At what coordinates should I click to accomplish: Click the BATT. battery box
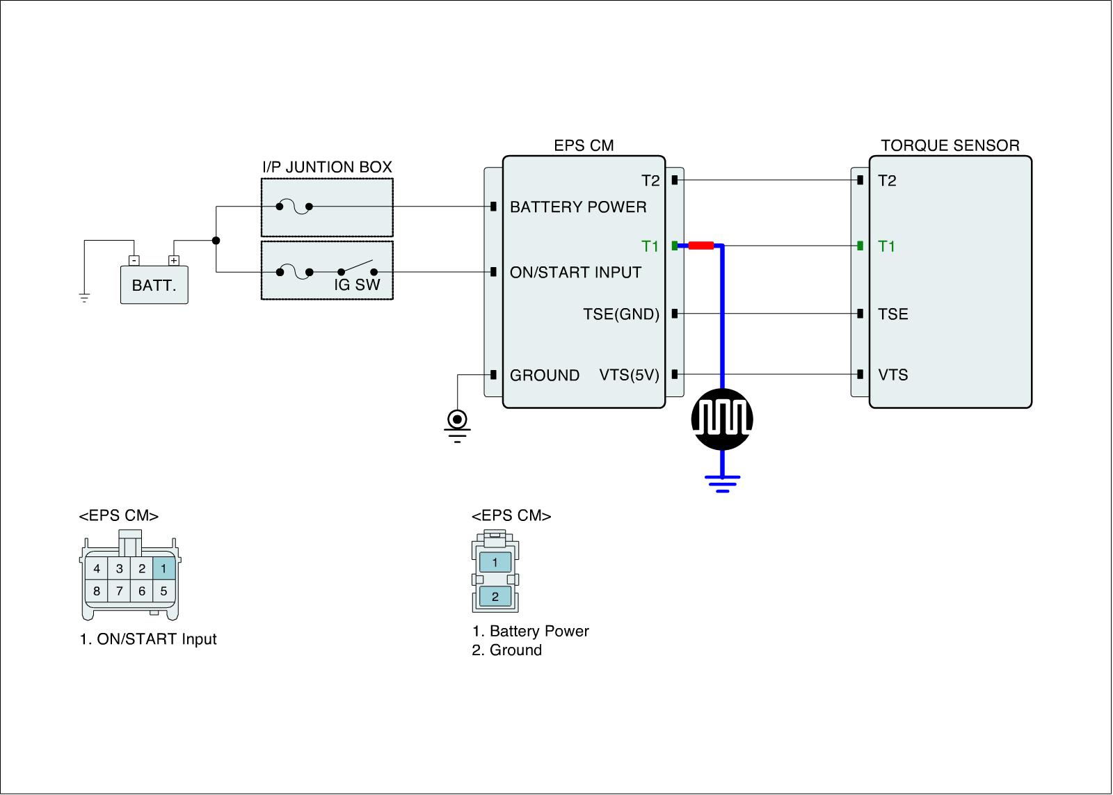[154, 285]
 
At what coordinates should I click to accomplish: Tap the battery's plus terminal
[174, 261]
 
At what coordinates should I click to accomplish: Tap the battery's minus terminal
[134, 261]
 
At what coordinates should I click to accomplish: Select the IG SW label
[357, 285]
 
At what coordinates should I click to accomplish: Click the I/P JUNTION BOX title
[327, 167]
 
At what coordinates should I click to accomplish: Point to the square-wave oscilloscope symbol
[722, 419]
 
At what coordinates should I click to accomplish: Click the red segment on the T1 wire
[700, 246]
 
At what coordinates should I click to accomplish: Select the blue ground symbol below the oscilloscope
[722, 482]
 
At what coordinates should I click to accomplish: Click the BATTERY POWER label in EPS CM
[578, 207]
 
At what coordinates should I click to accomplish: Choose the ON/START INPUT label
[575, 273]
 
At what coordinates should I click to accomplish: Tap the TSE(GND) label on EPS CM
[621, 314]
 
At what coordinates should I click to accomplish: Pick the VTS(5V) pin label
[629, 376]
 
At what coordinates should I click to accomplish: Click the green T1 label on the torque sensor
[887, 246]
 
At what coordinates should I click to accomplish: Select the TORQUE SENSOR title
[950, 145]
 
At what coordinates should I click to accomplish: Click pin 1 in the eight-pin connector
[163, 569]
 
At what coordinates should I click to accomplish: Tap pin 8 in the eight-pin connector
[97, 591]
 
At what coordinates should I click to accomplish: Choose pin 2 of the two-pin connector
[495, 596]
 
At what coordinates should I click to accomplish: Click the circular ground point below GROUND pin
[457, 419]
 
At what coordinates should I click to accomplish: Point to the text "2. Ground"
[506, 650]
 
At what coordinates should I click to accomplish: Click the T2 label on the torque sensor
[887, 181]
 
